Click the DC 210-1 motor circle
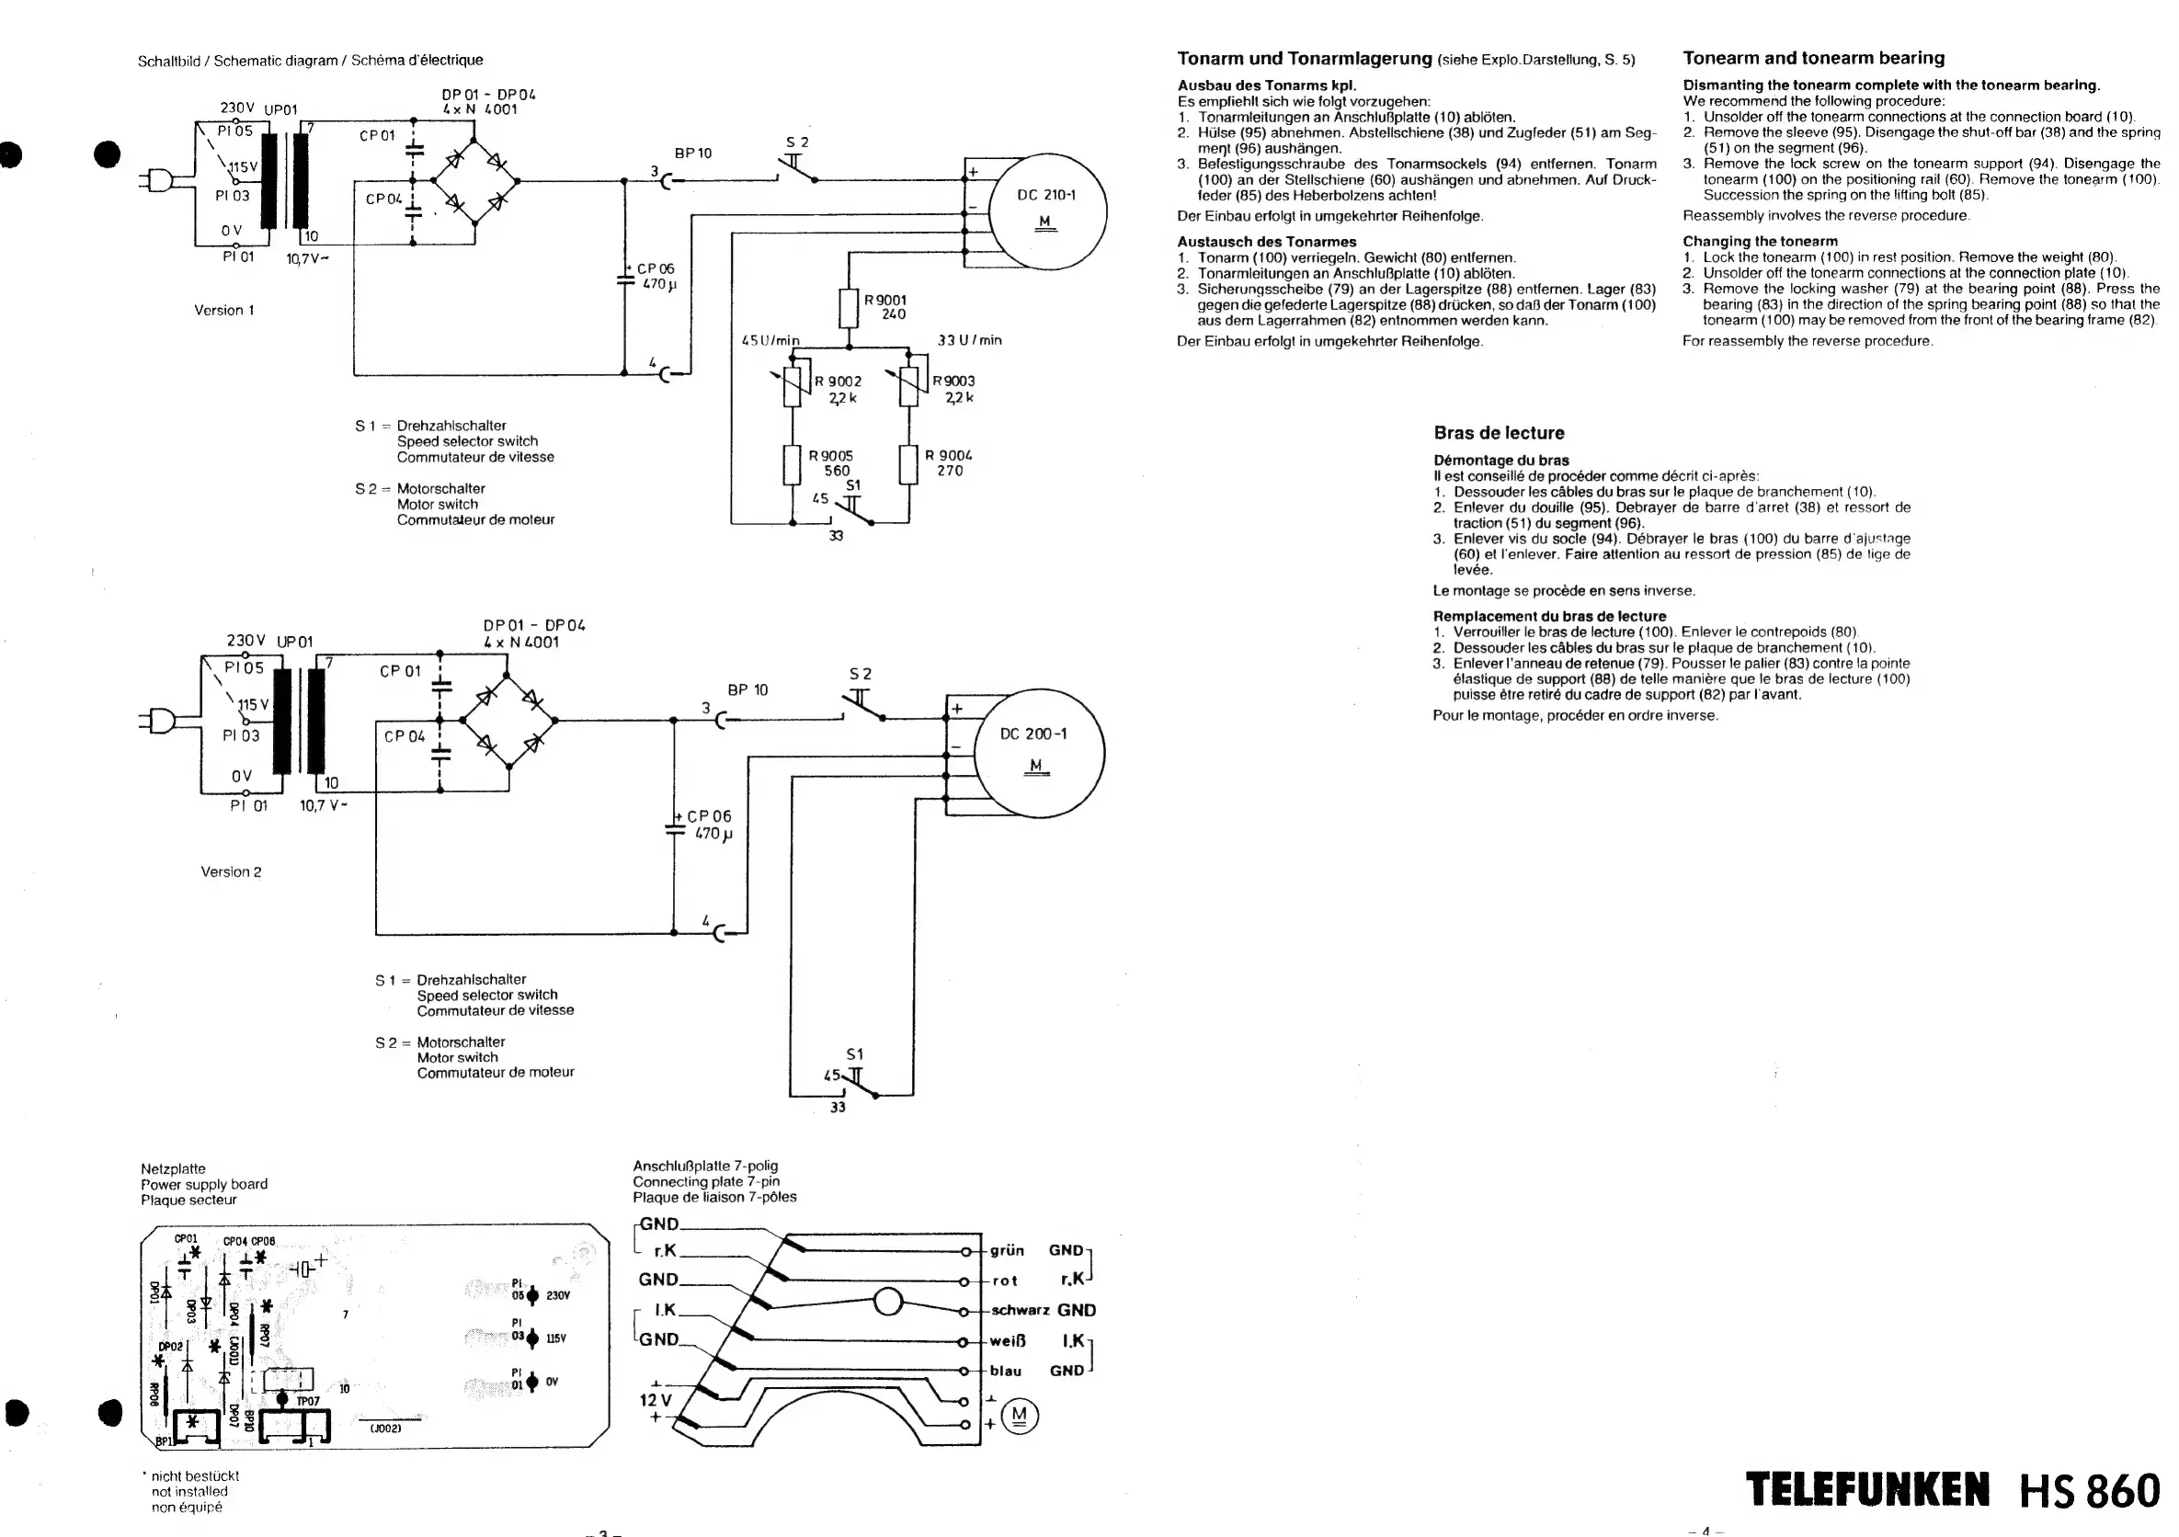coord(1047,211)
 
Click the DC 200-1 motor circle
coord(1039,751)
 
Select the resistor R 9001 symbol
coord(850,307)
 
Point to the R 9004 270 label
coord(948,463)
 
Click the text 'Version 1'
coord(224,310)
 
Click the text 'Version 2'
coord(231,871)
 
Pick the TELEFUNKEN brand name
coord(1865,1489)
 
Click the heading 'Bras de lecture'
coord(1499,433)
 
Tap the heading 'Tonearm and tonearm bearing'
coord(1813,58)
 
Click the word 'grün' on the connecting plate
coord(1006,1250)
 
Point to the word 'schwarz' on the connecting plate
coord(1020,1310)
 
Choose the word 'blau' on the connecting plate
coord(1005,1371)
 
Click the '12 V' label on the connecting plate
coord(655,1400)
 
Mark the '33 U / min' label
coord(969,339)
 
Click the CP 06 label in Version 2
coord(709,816)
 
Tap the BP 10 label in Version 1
coord(693,153)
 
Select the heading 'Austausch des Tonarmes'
coord(1266,242)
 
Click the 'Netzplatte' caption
coord(173,1169)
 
